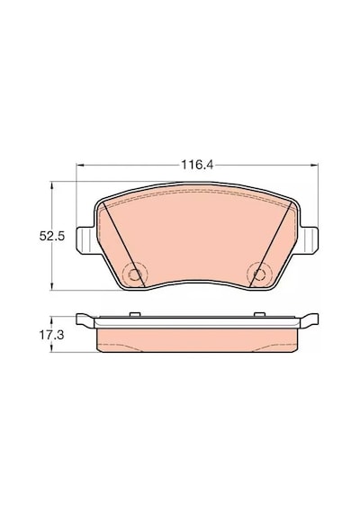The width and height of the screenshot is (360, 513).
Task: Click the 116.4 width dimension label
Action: click(197, 165)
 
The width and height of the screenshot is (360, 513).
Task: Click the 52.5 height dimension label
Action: click(52, 236)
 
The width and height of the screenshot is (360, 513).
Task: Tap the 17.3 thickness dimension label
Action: click(51, 335)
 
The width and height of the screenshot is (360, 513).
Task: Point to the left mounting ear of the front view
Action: click(85, 240)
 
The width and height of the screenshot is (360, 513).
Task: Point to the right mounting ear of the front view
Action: click(308, 239)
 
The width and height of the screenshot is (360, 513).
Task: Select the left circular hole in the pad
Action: click(134, 274)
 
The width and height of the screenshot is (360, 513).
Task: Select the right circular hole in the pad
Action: click(259, 274)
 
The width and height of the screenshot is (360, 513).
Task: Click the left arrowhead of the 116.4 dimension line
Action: click(80, 166)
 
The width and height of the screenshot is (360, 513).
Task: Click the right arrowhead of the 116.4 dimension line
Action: click(314, 166)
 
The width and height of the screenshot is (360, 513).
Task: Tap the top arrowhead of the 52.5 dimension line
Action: click(51, 185)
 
